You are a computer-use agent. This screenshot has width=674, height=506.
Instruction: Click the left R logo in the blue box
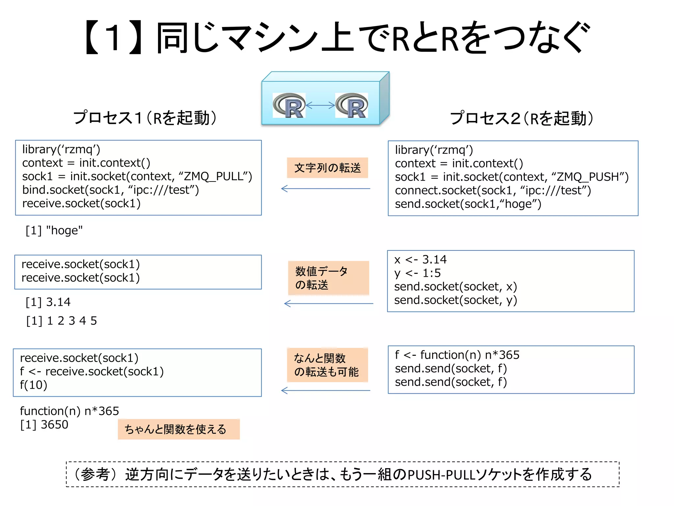click(x=289, y=105)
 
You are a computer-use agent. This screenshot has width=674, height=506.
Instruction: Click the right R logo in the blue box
click(x=351, y=105)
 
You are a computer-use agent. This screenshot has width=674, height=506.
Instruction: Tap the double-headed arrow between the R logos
click(x=320, y=105)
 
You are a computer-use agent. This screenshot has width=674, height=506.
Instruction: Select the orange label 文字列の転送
click(x=327, y=168)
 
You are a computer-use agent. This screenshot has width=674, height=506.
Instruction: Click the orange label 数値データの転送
click(x=328, y=278)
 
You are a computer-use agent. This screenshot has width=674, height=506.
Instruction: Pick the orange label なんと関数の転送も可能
click(x=327, y=365)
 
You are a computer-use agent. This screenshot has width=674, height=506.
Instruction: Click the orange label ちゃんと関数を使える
click(x=178, y=429)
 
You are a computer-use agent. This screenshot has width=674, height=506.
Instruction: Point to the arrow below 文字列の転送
click(x=325, y=189)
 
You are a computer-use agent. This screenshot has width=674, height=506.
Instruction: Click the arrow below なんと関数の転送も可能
click(x=325, y=391)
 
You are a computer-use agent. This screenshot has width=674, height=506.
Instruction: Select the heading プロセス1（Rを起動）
click(x=145, y=118)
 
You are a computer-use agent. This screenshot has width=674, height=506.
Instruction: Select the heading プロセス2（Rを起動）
click(x=522, y=118)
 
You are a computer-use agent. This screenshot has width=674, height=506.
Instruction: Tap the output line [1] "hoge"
click(x=54, y=230)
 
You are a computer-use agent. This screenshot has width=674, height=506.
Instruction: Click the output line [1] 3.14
click(x=48, y=302)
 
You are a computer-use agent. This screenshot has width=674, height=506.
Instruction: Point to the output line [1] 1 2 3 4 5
click(x=62, y=321)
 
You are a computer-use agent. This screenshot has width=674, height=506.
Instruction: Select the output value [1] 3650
click(x=44, y=425)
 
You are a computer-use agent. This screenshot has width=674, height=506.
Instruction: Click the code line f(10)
click(x=34, y=385)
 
